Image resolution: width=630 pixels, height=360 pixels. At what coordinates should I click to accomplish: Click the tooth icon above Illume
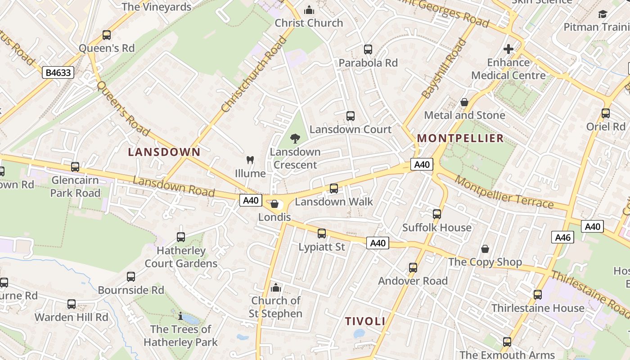click(251, 160)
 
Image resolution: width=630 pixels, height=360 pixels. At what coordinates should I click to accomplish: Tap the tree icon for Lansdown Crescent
click(295, 139)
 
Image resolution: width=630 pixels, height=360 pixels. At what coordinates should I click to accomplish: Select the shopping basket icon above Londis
click(274, 204)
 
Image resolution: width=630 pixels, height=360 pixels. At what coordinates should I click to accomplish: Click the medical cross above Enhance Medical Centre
click(508, 49)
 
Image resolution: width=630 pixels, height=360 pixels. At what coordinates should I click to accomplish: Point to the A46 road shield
click(562, 237)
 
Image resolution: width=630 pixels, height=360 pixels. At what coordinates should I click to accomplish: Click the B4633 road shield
click(58, 72)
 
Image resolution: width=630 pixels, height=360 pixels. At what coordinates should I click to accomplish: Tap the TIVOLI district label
click(365, 321)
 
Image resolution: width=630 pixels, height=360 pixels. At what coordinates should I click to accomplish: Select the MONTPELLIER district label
click(460, 138)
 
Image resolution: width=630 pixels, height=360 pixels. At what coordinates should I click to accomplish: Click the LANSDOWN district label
click(164, 152)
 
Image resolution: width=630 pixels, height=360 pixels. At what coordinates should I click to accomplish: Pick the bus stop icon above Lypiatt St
click(322, 234)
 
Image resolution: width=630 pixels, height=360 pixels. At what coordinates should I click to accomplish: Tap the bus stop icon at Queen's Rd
click(107, 35)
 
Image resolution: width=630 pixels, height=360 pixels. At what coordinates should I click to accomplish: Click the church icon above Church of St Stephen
click(276, 288)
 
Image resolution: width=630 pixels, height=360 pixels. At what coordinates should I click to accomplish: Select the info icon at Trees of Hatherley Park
click(180, 316)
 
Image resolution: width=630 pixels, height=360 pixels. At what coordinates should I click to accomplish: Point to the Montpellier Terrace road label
click(504, 193)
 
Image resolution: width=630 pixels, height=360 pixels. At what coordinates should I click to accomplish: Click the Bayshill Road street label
click(444, 68)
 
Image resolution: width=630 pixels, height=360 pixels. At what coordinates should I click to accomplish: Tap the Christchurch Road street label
click(254, 74)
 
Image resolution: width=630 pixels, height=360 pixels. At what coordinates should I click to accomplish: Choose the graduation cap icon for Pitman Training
click(603, 14)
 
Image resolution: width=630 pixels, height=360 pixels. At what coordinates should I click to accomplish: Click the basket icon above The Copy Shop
click(485, 249)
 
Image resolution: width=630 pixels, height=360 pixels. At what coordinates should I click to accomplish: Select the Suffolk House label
click(436, 227)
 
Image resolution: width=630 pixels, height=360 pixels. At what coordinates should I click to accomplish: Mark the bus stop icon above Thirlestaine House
click(538, 295)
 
